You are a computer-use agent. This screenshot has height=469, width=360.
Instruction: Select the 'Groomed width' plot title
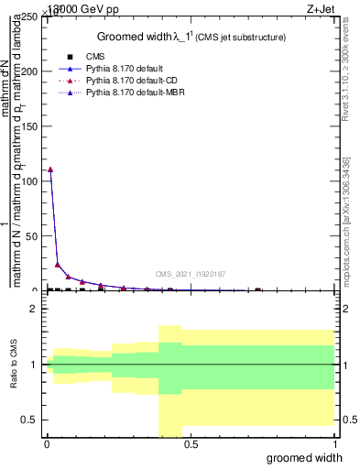tap(192, 37)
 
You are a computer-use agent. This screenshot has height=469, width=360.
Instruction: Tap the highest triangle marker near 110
tap(50, 169)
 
